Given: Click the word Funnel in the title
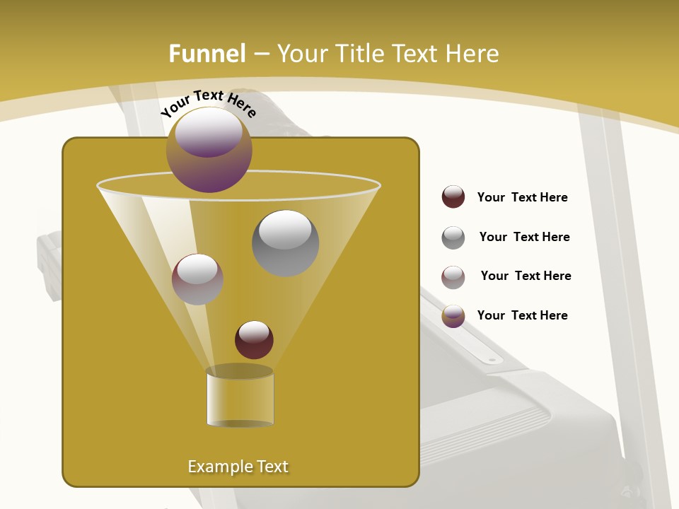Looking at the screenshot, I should pos(207,54).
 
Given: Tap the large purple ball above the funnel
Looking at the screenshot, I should pos(209,150).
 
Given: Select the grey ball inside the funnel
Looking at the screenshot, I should pos(285,242).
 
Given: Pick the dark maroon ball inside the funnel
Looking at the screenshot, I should pos(254,339).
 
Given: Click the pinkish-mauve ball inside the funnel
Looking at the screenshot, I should pos(197,279).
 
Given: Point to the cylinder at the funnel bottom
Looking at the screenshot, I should pos(240,398).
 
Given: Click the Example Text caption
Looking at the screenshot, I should pos(238,467).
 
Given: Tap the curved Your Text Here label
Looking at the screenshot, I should pos(208,103).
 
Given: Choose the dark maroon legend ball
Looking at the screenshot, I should pos(453,197).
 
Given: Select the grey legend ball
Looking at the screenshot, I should pos(453,238).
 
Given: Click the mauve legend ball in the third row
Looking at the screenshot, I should pos(453,277).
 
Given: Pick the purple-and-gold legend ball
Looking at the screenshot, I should pos(453,316).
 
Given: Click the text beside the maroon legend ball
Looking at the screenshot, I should pos(522,197).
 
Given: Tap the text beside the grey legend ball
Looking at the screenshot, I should pos(524,237).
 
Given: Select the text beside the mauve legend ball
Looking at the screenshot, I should pos(526,276).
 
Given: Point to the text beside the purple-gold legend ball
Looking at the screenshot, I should pos(522,315).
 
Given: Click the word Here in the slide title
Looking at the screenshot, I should pos(473,54).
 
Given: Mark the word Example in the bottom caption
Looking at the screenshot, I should pos(215,467).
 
